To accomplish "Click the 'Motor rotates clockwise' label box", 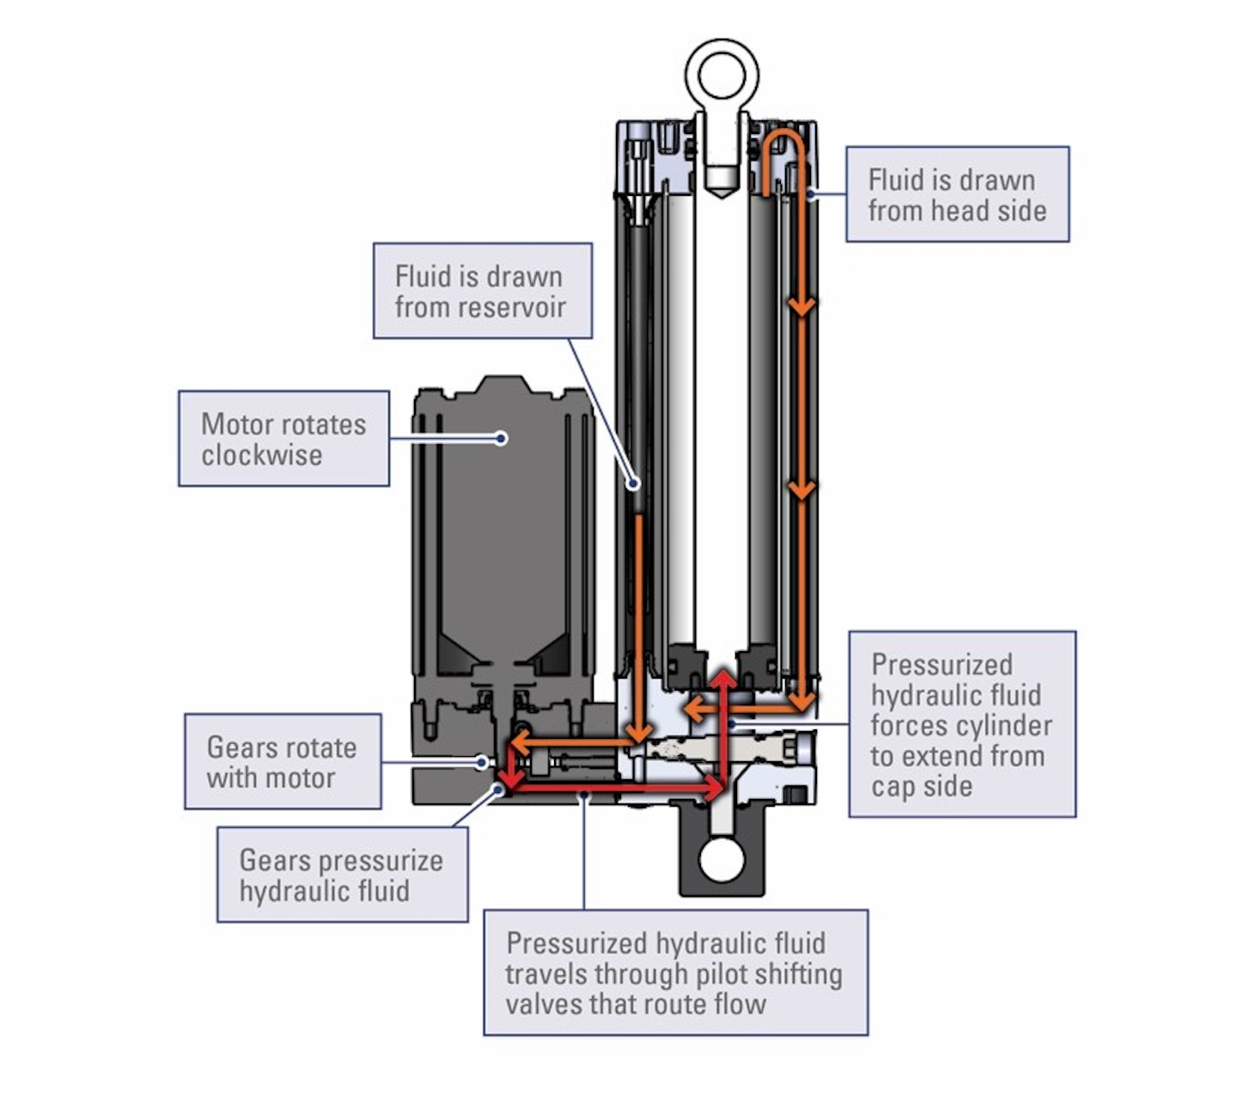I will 283,438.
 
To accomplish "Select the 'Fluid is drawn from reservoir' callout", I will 482,290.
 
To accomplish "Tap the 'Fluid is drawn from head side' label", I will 957,194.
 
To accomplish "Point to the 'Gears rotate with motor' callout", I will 283,761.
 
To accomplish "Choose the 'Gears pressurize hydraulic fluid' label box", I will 342,875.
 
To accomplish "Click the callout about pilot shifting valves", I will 675,972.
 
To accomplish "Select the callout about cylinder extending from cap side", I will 961,724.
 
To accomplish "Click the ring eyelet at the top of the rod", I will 722,74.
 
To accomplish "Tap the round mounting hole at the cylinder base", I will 722,860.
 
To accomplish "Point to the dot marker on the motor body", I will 502,438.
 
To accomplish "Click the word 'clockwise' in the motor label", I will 262,454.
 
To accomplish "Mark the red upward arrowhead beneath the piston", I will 724,679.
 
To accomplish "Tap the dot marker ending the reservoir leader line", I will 633,484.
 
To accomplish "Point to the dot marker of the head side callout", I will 810,194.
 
